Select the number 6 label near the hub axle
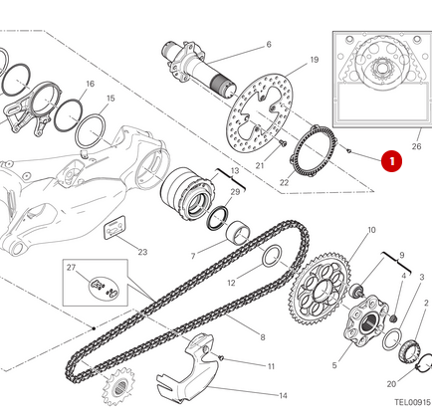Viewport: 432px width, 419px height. click(268, 45)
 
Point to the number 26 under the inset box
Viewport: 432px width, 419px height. click(416, 147)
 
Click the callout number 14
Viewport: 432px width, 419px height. click(283, 394)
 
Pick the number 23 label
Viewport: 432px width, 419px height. click(142, 252)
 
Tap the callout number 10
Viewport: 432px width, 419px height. click(343, 230)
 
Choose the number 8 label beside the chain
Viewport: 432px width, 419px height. click(263, 337)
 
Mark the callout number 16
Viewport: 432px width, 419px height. click(90, 85)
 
